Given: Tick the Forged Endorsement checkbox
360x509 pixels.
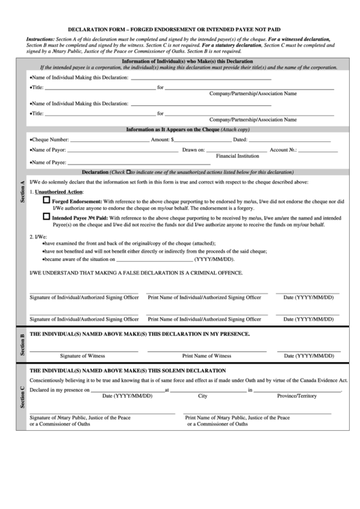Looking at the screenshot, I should [46, 202].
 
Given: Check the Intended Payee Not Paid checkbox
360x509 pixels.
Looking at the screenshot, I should [46, 217].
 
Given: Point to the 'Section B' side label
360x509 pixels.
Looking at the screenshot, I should [22, 345].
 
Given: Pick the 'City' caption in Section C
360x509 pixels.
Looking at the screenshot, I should [202, 396].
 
